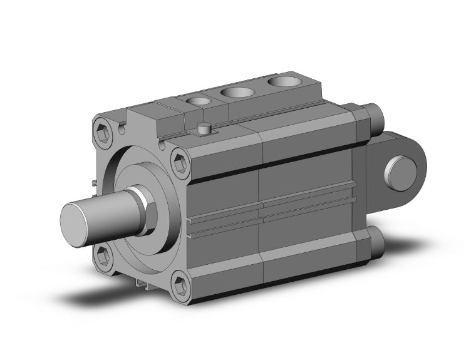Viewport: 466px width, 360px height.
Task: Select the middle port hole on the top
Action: [236, 93]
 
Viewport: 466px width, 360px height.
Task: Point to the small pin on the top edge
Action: [202, 129]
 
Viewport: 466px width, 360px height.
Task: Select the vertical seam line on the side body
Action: [262, 188]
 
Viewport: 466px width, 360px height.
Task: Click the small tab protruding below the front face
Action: [141, 285]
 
